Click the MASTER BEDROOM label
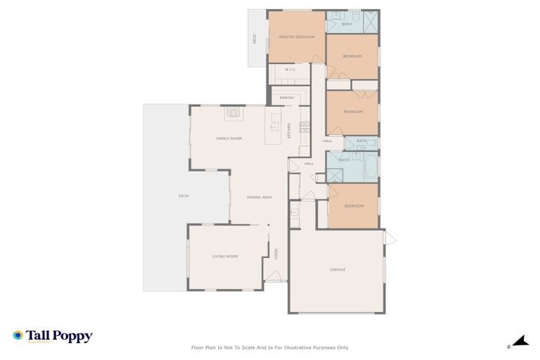pyautogui.click(x=295, y=37)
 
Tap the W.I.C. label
pyautogui.click(x=290, y=70)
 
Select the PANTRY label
pyautogui.click(x=286, y=98)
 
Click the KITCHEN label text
pyautogui.click(x=289, y=130)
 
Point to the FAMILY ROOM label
pyautogui.click(x=229, y=139)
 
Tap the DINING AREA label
pyautogui.click(x=259, y=197)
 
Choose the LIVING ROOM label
pyautogui.click(x=225, y=256)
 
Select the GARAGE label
pyautogui.click(x=337, y=269)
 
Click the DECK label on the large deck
pyautogui.click(x=184, y=195)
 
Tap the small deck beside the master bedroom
pyautogui.click(x=257, y=39)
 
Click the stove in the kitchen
pyautogui.click(x=304, y=127)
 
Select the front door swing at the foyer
pyautogui.click(x=271, y=276)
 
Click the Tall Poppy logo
pyautogui.click(x=53, y=336)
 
